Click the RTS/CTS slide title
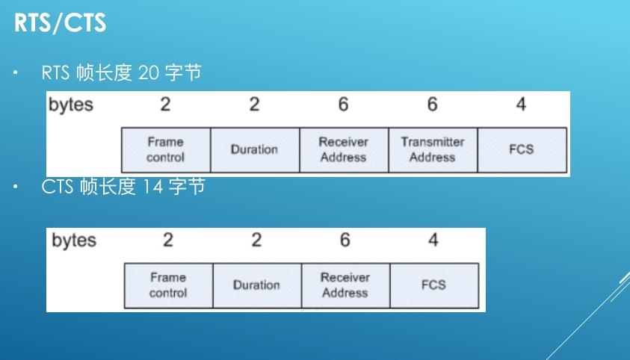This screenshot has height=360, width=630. pos(60,23)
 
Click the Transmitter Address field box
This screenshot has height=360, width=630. pos(432,149)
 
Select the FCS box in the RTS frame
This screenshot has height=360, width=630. pos(521,149)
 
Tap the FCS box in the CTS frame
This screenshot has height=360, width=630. pos(433,285)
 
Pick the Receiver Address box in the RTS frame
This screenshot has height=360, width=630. pos(343,149)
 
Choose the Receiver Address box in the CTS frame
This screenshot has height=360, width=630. pos(345,285)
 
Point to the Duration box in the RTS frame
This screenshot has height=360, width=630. pos(254,149)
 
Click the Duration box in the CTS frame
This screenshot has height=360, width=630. pos(256,285)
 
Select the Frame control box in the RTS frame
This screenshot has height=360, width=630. pos(165,149)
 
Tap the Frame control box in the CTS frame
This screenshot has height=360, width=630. pos(167,285)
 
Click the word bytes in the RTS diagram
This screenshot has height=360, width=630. pos(71,105)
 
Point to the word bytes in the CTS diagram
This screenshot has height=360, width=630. pos(74,240)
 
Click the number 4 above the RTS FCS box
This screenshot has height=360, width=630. pos(521,105)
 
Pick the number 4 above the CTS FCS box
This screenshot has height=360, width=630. pos(433,240)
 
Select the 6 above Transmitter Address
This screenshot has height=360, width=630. pos(432,105)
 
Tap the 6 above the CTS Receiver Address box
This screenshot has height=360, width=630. pos(345,240)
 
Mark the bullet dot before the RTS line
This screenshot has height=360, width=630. pos(16,73)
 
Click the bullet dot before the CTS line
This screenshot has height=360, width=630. pos(16,187)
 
